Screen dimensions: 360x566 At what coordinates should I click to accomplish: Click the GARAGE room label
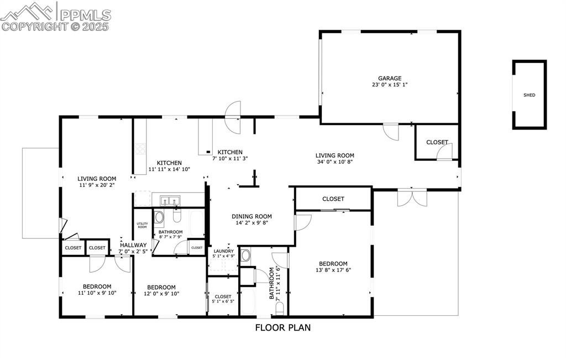tap(390, 78)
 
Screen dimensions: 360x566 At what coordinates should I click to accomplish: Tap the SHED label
tap(529, 95)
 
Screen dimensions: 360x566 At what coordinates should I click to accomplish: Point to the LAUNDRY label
tap(223, 251)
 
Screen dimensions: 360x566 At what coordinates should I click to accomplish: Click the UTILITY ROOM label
tap(142, 225)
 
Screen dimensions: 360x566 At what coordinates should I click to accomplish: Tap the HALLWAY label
tap(133, 245)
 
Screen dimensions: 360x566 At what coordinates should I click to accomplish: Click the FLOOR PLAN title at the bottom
tap(282, 327)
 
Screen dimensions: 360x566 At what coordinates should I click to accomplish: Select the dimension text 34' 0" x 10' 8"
tap(334, 162)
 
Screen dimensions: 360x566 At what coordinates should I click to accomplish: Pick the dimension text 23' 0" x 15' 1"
tap(390, 85)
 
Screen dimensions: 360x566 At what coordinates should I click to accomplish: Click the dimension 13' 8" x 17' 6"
tap(333, 270)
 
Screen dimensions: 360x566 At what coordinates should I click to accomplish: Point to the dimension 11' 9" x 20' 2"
tap(97, 185)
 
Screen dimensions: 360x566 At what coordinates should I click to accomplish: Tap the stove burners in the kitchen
tap(140, 149)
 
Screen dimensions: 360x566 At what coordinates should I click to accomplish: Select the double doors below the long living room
tap(405, 198)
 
